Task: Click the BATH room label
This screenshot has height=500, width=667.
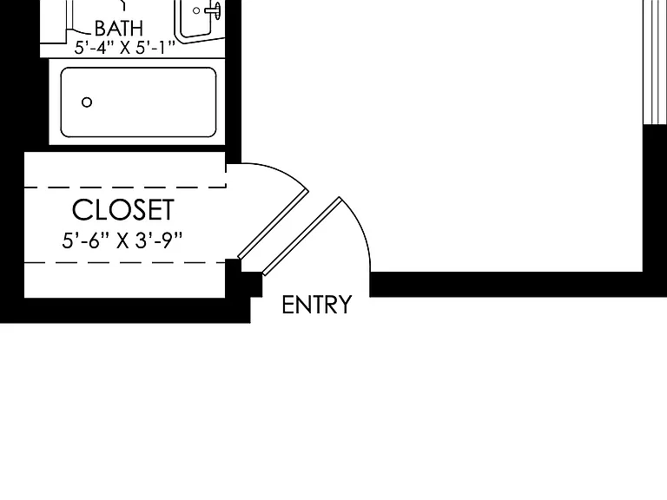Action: tap(119, 29)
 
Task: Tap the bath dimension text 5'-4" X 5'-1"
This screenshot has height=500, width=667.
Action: tap(125, 48)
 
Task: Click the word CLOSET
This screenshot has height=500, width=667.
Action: tap(123, 209)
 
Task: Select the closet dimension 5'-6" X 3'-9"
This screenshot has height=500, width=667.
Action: tap(122, 240)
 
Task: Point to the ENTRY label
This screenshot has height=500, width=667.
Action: tap(317, 305)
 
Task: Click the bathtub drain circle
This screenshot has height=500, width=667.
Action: tap(87, 102)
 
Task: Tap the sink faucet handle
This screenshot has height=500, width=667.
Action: tap(214, 10)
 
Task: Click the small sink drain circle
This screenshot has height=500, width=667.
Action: tap(196, 10)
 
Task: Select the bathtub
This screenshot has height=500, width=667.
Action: tap(138, 102)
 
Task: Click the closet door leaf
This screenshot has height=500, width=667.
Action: tap(273, 225)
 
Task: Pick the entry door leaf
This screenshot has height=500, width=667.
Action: tap(302, 236)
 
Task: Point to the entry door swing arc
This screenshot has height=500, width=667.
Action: tap(361, 229)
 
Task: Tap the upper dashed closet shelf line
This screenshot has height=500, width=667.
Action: tap(125, 187)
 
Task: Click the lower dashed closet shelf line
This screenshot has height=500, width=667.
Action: tap(125, 263)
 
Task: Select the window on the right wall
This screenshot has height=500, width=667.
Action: tap(655, 62)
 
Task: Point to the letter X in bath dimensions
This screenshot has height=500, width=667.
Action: tap(125, 48)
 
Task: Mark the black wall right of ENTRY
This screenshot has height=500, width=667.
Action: tap(506, 285)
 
